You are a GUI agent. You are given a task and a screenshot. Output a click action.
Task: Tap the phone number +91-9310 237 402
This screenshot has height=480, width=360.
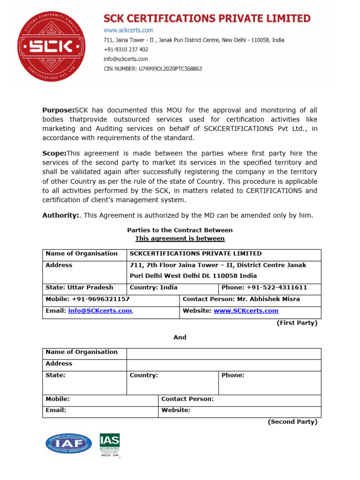[x=126, y=50]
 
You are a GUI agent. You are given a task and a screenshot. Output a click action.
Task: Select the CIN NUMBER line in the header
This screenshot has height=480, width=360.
[x=153, y=69]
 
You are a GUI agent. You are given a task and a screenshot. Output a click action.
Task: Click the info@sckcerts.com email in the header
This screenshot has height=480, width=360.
[x=126, y=59]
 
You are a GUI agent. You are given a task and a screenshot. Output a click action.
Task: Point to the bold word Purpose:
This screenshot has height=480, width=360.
[x=59, y=110]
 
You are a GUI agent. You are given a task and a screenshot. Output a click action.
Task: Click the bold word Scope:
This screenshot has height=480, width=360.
[x=54, y=153]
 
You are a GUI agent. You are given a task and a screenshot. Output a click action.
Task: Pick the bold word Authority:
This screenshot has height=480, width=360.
[x=60, y=215]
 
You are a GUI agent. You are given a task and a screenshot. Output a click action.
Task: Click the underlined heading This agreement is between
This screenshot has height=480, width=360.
[x=180, y=239]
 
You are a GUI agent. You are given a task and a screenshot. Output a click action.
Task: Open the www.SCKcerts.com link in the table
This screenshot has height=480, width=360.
[x=246, y=311]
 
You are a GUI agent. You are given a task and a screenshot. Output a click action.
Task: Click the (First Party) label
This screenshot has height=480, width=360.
[x=297, y=323]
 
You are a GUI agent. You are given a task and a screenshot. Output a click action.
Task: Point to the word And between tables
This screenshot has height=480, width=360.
[x=180, y=337]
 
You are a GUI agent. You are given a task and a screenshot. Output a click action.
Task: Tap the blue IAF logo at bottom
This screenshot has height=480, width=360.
[x=68, y=444]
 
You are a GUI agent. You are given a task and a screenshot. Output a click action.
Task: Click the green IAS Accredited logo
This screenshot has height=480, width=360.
[x=109, y=444]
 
